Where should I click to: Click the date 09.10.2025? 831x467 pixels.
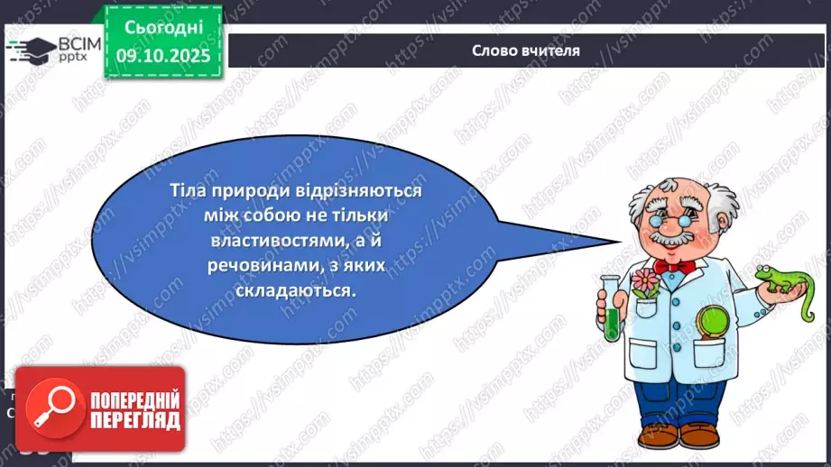pos(162,55)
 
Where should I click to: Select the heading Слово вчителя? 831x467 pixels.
pos(525,50)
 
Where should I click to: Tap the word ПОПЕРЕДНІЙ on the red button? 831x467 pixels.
pos(134,400)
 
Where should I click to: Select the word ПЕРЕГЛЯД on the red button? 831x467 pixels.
pos(134,421)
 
